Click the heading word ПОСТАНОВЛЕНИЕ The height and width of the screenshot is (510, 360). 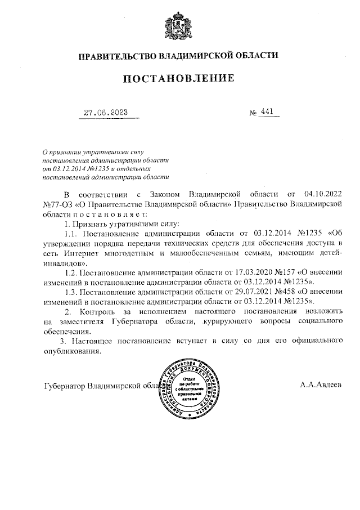click(178, 78)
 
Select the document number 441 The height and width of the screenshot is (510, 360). click(267, 112)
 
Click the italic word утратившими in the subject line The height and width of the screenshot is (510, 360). click(102, 151)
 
